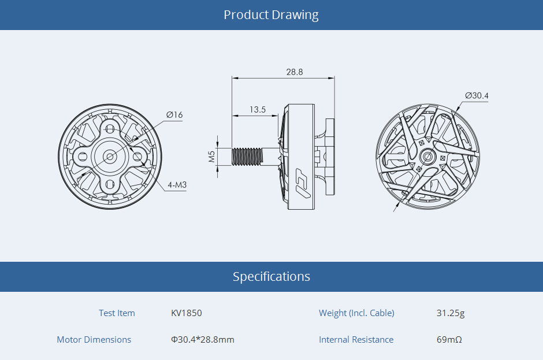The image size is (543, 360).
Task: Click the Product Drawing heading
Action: point(271,15)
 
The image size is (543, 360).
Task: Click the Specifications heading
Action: point(271,277)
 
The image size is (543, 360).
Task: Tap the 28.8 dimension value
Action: point(294,72)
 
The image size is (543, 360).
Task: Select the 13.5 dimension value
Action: point(258,109)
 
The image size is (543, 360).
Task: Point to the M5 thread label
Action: point(211,156)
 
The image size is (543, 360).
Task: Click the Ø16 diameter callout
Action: point(174,115)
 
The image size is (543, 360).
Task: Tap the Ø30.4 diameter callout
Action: point(477,95)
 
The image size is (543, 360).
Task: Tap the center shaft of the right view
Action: point(428,156)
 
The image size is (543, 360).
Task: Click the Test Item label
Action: point(117,313)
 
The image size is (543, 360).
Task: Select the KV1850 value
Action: point(187,313)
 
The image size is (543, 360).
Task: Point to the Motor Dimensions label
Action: point(94,340)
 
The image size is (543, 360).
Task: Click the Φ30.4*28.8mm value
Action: point(203,340)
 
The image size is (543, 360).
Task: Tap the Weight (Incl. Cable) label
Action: point(356,313)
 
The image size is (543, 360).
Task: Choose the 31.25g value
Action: point(451,313)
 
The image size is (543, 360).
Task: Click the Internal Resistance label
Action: point(356,340)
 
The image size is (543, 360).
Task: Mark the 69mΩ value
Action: point(449,340)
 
